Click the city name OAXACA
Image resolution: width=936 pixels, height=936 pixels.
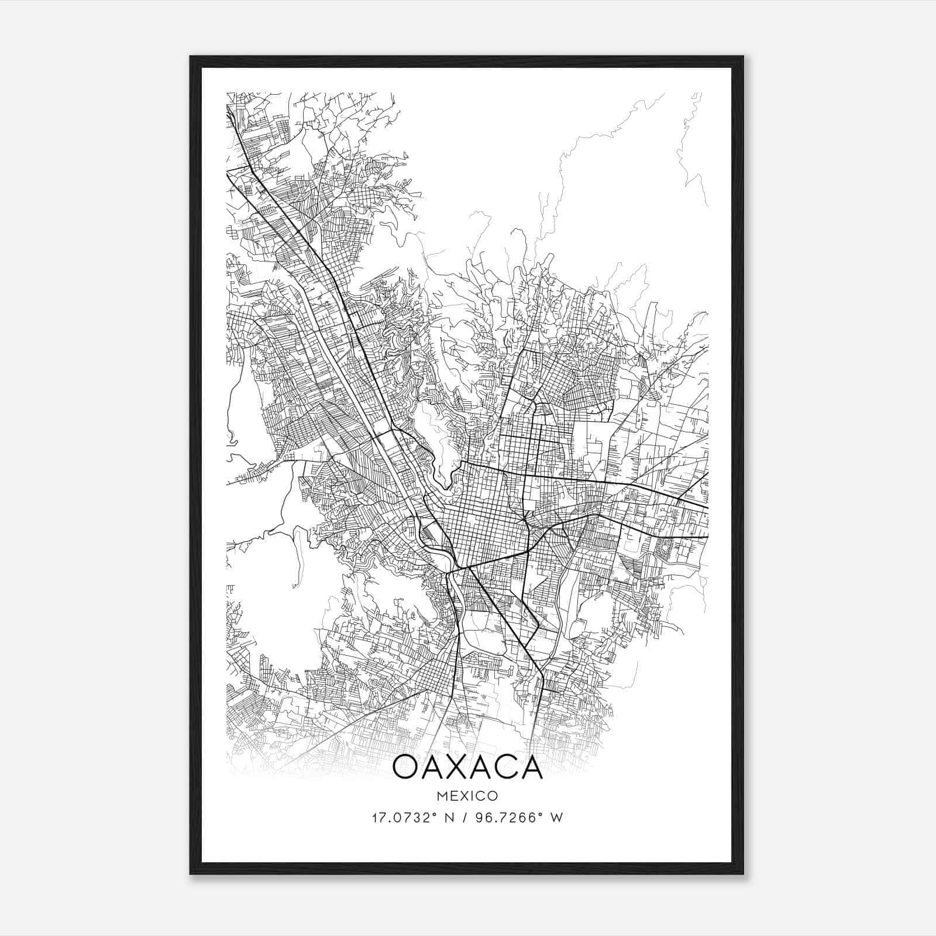[x=467, y=767]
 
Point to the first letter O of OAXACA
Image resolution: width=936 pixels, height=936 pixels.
[x=405, y=767]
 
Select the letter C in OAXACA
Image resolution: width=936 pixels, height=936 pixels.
[x=504, y=767]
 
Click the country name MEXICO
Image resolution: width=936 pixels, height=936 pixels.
[x=467, y=796]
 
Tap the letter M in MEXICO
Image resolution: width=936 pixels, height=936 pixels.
[x=443, y=796]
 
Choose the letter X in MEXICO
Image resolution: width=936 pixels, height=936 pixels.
[x=464, y=796]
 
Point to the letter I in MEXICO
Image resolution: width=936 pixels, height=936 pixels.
[x=473, y=796]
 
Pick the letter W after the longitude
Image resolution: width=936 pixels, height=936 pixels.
[x=557, y=818]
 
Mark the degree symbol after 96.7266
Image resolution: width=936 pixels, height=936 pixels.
[x=543, y=814]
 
